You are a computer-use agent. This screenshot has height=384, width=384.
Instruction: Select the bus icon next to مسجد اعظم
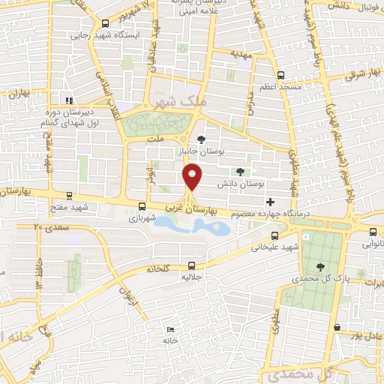click(280, 74)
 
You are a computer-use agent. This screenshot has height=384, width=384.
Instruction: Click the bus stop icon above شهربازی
click(142, 205)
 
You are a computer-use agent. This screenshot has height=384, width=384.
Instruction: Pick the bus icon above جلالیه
click(191, 265)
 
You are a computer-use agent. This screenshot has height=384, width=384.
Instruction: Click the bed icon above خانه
click(171, 328)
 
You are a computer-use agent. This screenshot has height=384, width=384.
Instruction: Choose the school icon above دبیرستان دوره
click(68, 100)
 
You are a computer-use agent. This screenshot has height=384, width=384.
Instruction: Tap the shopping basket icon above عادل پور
click(338, 328)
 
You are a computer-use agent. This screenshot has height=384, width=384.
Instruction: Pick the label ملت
click(156, 139)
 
